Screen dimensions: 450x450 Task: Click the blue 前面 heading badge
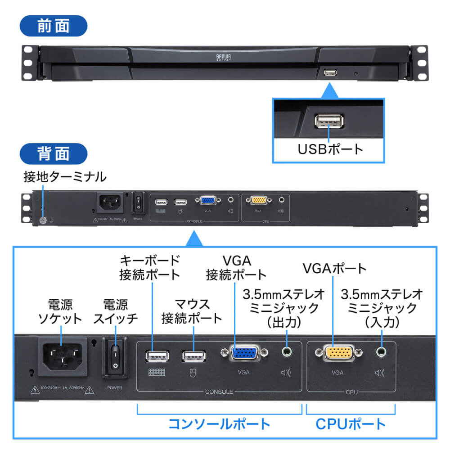coord(53,26)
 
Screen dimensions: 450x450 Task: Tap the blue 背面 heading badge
coord(53,153)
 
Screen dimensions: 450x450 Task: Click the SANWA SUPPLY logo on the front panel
coord(224,58)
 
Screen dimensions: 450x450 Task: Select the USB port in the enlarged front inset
coord(329,121)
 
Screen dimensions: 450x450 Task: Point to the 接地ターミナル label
coord(65,177)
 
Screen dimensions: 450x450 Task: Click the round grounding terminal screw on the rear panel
coord(43,220)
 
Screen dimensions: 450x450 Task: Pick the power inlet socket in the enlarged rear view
coord(63,355)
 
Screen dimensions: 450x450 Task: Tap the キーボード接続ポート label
coord(150,267)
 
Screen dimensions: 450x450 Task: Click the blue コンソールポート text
coord(219,423)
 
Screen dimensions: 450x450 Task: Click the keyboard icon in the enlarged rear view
coord(156,373)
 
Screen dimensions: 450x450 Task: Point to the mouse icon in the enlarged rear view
coord(193,373)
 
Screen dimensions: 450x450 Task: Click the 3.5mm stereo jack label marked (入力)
coord(382,308)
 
